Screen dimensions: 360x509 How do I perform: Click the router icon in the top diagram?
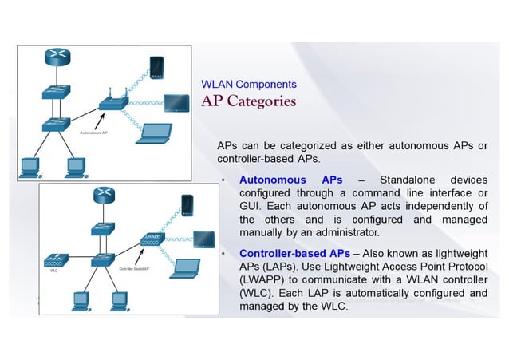pos(56,57)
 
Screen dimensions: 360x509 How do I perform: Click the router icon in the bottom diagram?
pos(103,194)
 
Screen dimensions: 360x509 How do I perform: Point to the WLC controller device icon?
pos(53,260)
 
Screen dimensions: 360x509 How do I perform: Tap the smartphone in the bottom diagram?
pos(187,206)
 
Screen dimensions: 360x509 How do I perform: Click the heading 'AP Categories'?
pos(248,101)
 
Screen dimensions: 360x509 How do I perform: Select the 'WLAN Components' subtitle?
pos(248,84)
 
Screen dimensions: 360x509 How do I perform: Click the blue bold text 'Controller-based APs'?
pos(294,253)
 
